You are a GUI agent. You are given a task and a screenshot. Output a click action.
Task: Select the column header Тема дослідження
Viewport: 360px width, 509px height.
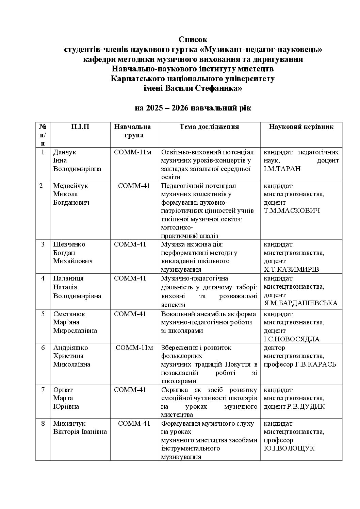(209, 127)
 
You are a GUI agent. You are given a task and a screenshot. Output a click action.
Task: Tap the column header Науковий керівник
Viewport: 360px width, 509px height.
(301, 127)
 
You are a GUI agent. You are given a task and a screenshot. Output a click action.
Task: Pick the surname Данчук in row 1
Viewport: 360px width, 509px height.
(65, 152)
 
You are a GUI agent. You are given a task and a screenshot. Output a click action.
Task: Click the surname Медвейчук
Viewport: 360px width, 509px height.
(70, 186)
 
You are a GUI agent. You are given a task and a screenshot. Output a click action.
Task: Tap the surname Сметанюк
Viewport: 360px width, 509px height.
(69, 314)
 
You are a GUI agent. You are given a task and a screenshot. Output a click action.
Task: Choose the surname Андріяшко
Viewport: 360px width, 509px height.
(70, 348)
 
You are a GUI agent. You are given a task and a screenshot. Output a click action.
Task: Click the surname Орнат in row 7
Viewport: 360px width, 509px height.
(63, 390)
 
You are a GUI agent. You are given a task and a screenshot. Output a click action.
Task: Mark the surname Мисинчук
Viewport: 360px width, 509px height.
(69, 424)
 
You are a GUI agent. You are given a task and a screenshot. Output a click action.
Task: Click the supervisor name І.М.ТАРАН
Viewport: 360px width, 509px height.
(282, 169)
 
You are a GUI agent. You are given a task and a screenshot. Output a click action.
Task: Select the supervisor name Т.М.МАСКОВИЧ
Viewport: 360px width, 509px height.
(292, 211)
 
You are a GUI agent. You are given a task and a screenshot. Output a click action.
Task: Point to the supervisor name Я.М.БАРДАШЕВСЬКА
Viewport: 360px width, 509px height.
(300, 303)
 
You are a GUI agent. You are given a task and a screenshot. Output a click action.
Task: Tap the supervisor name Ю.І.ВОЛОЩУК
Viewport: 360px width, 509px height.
(289, 448)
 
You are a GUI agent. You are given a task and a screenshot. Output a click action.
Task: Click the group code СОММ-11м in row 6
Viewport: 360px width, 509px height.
(134, 348)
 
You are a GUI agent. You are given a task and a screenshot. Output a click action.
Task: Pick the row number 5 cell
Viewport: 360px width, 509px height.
(43, 314)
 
